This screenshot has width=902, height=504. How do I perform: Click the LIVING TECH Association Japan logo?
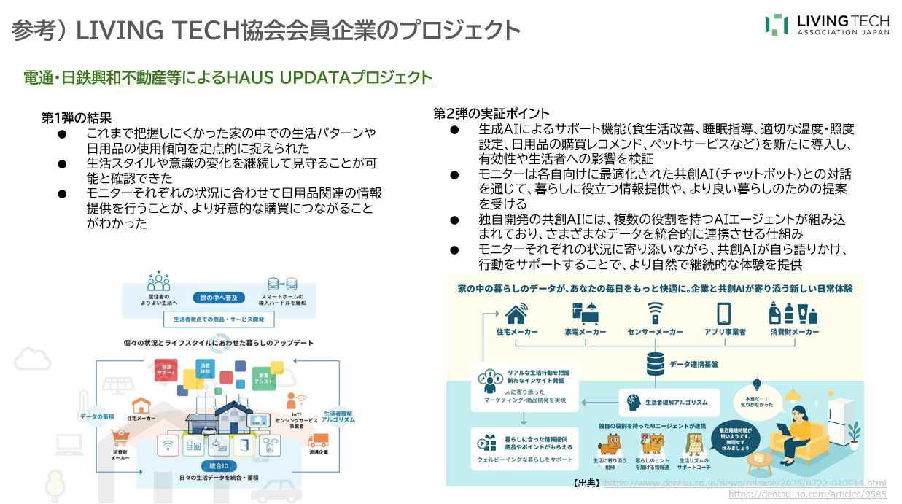827,24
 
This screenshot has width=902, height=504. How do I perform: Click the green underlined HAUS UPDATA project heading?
228,78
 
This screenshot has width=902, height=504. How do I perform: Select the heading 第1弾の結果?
76,117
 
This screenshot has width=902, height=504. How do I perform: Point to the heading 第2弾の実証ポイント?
491,113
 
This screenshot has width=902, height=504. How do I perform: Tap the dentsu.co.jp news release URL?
745,483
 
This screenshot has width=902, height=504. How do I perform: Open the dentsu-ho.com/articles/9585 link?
807,494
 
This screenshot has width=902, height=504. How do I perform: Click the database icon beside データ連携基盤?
656,363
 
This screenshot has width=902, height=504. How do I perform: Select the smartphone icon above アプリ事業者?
723,313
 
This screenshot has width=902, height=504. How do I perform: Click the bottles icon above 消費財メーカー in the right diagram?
793,313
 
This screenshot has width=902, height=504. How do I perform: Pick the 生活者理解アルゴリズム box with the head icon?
669,402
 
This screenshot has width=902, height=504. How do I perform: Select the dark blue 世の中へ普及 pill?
219,298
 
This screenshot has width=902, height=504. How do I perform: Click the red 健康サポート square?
166,370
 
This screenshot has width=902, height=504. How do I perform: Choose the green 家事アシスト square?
263,378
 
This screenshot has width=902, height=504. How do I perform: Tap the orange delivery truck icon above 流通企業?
318,441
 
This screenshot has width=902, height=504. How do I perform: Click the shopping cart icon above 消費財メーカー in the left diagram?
121,437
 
